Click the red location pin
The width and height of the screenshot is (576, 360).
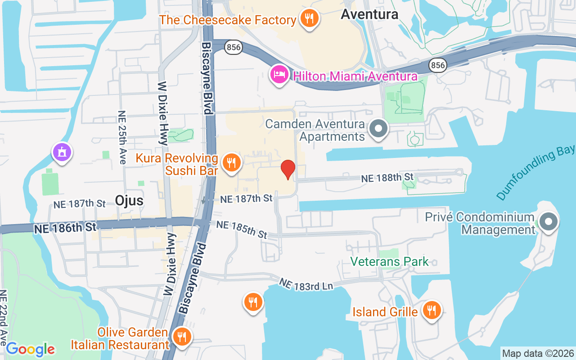tap(288, 170)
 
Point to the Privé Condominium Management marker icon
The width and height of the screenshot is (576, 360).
tap(548, 222)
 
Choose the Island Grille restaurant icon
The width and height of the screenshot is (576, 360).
tap(432, 310)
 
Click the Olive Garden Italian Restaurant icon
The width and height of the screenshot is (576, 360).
tap(182, 336)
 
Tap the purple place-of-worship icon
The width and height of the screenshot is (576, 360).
tap(62, 152)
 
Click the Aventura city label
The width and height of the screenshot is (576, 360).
tap(369, 14)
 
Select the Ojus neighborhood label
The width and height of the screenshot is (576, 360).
tap(129, 200)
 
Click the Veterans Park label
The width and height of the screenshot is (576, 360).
tap(390, 261)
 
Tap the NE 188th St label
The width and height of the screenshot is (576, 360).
tap(387, 178)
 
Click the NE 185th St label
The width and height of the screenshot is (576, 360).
tap(242, 229)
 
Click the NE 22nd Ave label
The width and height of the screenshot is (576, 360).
tap(3, 317)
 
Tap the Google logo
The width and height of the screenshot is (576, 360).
tap(31, 349)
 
